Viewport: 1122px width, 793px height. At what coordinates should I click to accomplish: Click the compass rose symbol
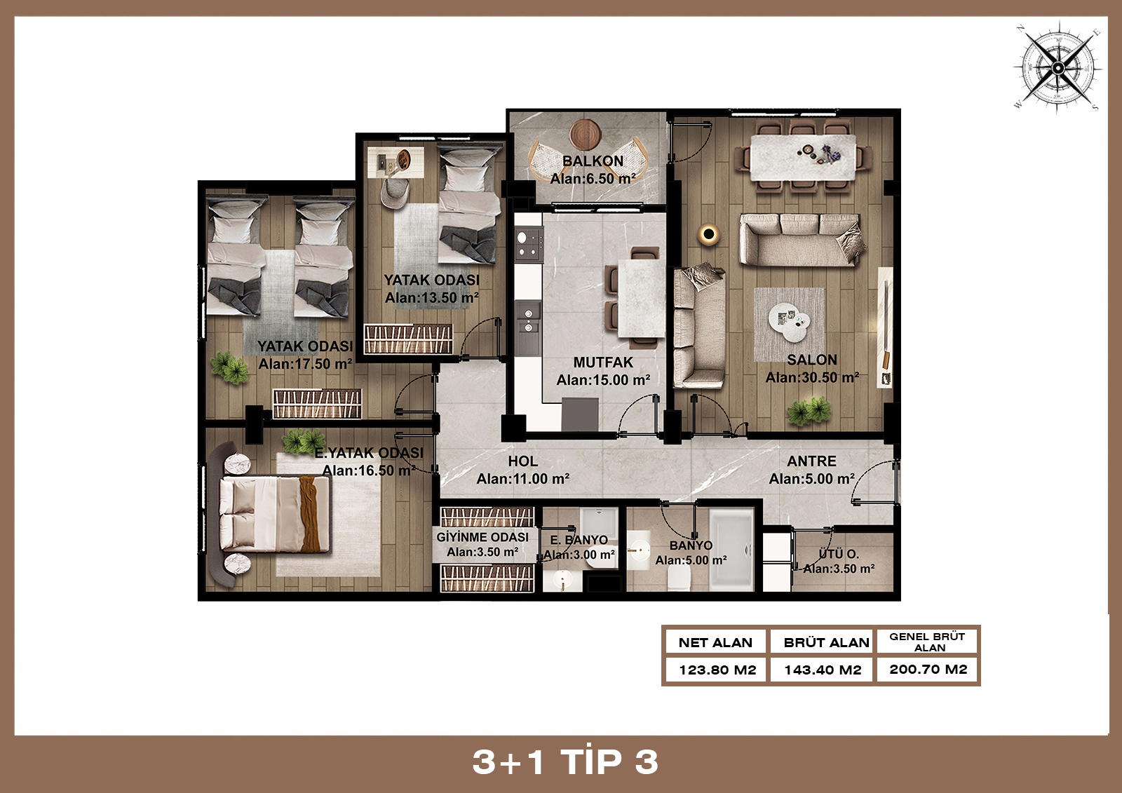[x=1057, y=67]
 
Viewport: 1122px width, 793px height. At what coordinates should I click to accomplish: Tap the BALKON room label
[x=593, y=161]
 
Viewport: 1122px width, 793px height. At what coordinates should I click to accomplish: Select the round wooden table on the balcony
[x=585, y=135]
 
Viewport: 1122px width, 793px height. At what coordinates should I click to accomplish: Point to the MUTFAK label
[x=603, y=362]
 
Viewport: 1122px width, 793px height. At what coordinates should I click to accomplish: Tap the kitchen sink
[x=528, y=320]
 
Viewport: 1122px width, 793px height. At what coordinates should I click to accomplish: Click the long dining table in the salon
[x=803, y=157]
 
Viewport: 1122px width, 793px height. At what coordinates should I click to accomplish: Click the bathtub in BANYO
[x=732, y=549]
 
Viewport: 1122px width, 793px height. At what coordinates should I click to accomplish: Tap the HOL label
[x=522, y=461]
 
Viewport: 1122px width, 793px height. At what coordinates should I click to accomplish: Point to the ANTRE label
[x=811, y=461]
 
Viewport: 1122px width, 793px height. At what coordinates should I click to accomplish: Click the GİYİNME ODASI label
[x=482, y=537]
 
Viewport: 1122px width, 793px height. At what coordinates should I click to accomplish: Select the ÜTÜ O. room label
[x=839, y=554]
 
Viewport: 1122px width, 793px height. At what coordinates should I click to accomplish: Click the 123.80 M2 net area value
[x=717, y=670]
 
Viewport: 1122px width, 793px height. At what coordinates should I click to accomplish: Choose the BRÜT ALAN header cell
[x=826, y=642]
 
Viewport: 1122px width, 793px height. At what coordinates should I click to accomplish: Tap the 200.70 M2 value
[x=928, y=670]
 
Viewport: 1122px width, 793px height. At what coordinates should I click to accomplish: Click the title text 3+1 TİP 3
[x=565, y=762]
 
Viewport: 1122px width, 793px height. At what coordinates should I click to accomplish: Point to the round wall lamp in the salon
[x=708, y=234]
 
